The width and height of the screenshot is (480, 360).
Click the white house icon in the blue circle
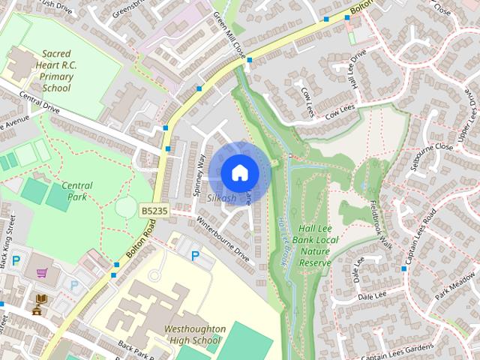pos(239,172)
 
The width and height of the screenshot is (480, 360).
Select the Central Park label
pos(77,191)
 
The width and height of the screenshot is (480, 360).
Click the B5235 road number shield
pos(153,213)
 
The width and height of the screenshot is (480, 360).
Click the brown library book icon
pos(39,302)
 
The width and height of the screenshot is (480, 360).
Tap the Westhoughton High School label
pos(194,334)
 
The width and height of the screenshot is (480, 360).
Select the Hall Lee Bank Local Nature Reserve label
pos(315,245)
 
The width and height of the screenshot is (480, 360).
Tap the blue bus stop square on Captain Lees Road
pos(403,268)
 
